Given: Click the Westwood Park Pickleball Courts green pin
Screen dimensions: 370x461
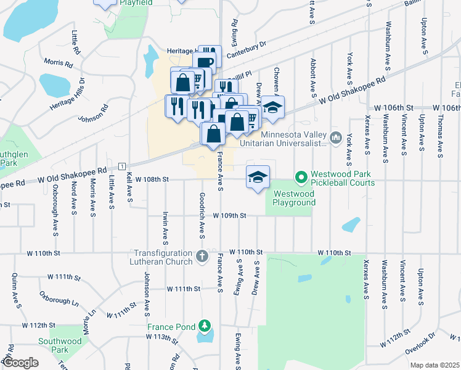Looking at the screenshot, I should (x=301, y=178).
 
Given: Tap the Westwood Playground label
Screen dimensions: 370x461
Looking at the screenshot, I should (x=294, y=197).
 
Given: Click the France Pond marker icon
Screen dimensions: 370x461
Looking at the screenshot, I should (x=205, y=326).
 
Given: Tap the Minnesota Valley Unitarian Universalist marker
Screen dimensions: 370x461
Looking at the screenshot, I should (x=336, y=137).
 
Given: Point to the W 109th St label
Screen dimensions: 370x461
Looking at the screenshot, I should (x=230, y=216).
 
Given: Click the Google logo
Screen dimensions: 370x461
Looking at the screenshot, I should (x=20, y=363).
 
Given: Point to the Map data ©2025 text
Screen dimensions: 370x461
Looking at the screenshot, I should (x=434, y=365).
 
